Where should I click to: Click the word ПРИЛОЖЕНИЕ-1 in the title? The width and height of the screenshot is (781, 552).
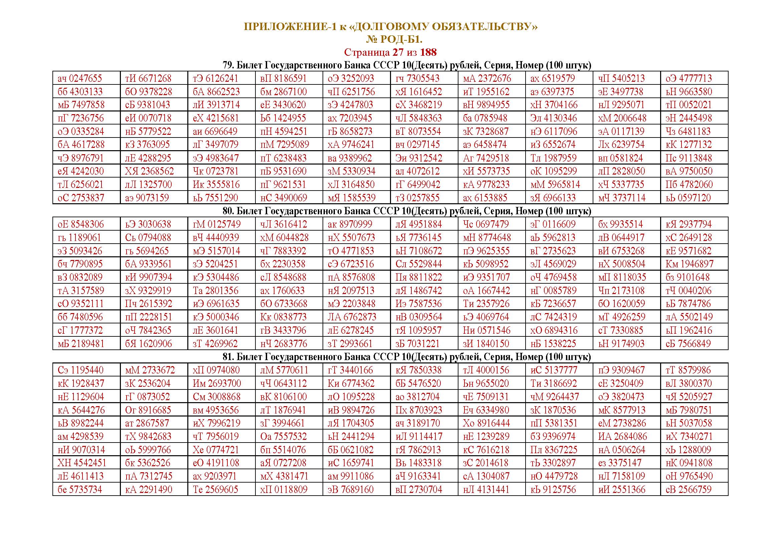[290, 27]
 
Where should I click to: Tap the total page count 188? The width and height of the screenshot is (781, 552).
[428, 52]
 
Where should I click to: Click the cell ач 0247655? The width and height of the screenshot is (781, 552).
[80, 78]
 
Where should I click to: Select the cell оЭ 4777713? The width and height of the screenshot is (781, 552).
[689, 78]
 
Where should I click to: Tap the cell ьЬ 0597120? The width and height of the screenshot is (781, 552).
[688, 198]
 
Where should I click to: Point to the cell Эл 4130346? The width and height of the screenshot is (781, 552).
[553, 118]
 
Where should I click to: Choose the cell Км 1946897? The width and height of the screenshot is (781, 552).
[690, 264]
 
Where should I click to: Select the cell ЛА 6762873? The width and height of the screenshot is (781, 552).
[352, 317]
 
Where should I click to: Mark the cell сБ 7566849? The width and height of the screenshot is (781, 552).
[688, 343]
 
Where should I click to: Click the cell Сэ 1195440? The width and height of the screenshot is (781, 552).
[80, 370]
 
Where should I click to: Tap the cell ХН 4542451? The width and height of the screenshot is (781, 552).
[81, 463]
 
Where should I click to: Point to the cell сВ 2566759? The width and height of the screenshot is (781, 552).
[689, 490]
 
